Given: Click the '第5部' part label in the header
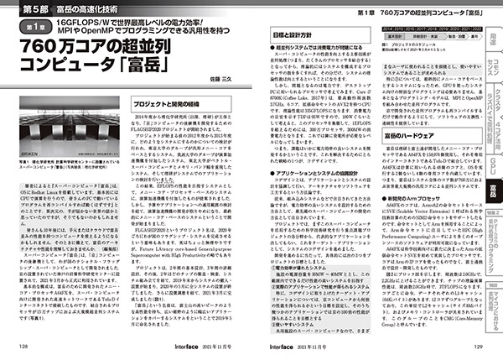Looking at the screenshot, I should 29,9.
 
